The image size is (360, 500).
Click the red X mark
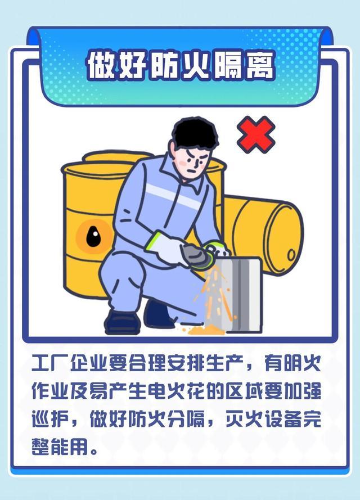click(x=256, y=134)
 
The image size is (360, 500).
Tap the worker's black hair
click(x=195, y=133)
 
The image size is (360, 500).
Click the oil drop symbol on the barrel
click(x=93, y=236)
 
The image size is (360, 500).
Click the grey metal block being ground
click(x=239, y=294)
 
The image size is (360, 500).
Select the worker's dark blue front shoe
click(x=123, y=322)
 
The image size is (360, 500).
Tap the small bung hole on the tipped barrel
click(x=291, y=255)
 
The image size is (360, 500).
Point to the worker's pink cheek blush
click(x=183, y=163)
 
